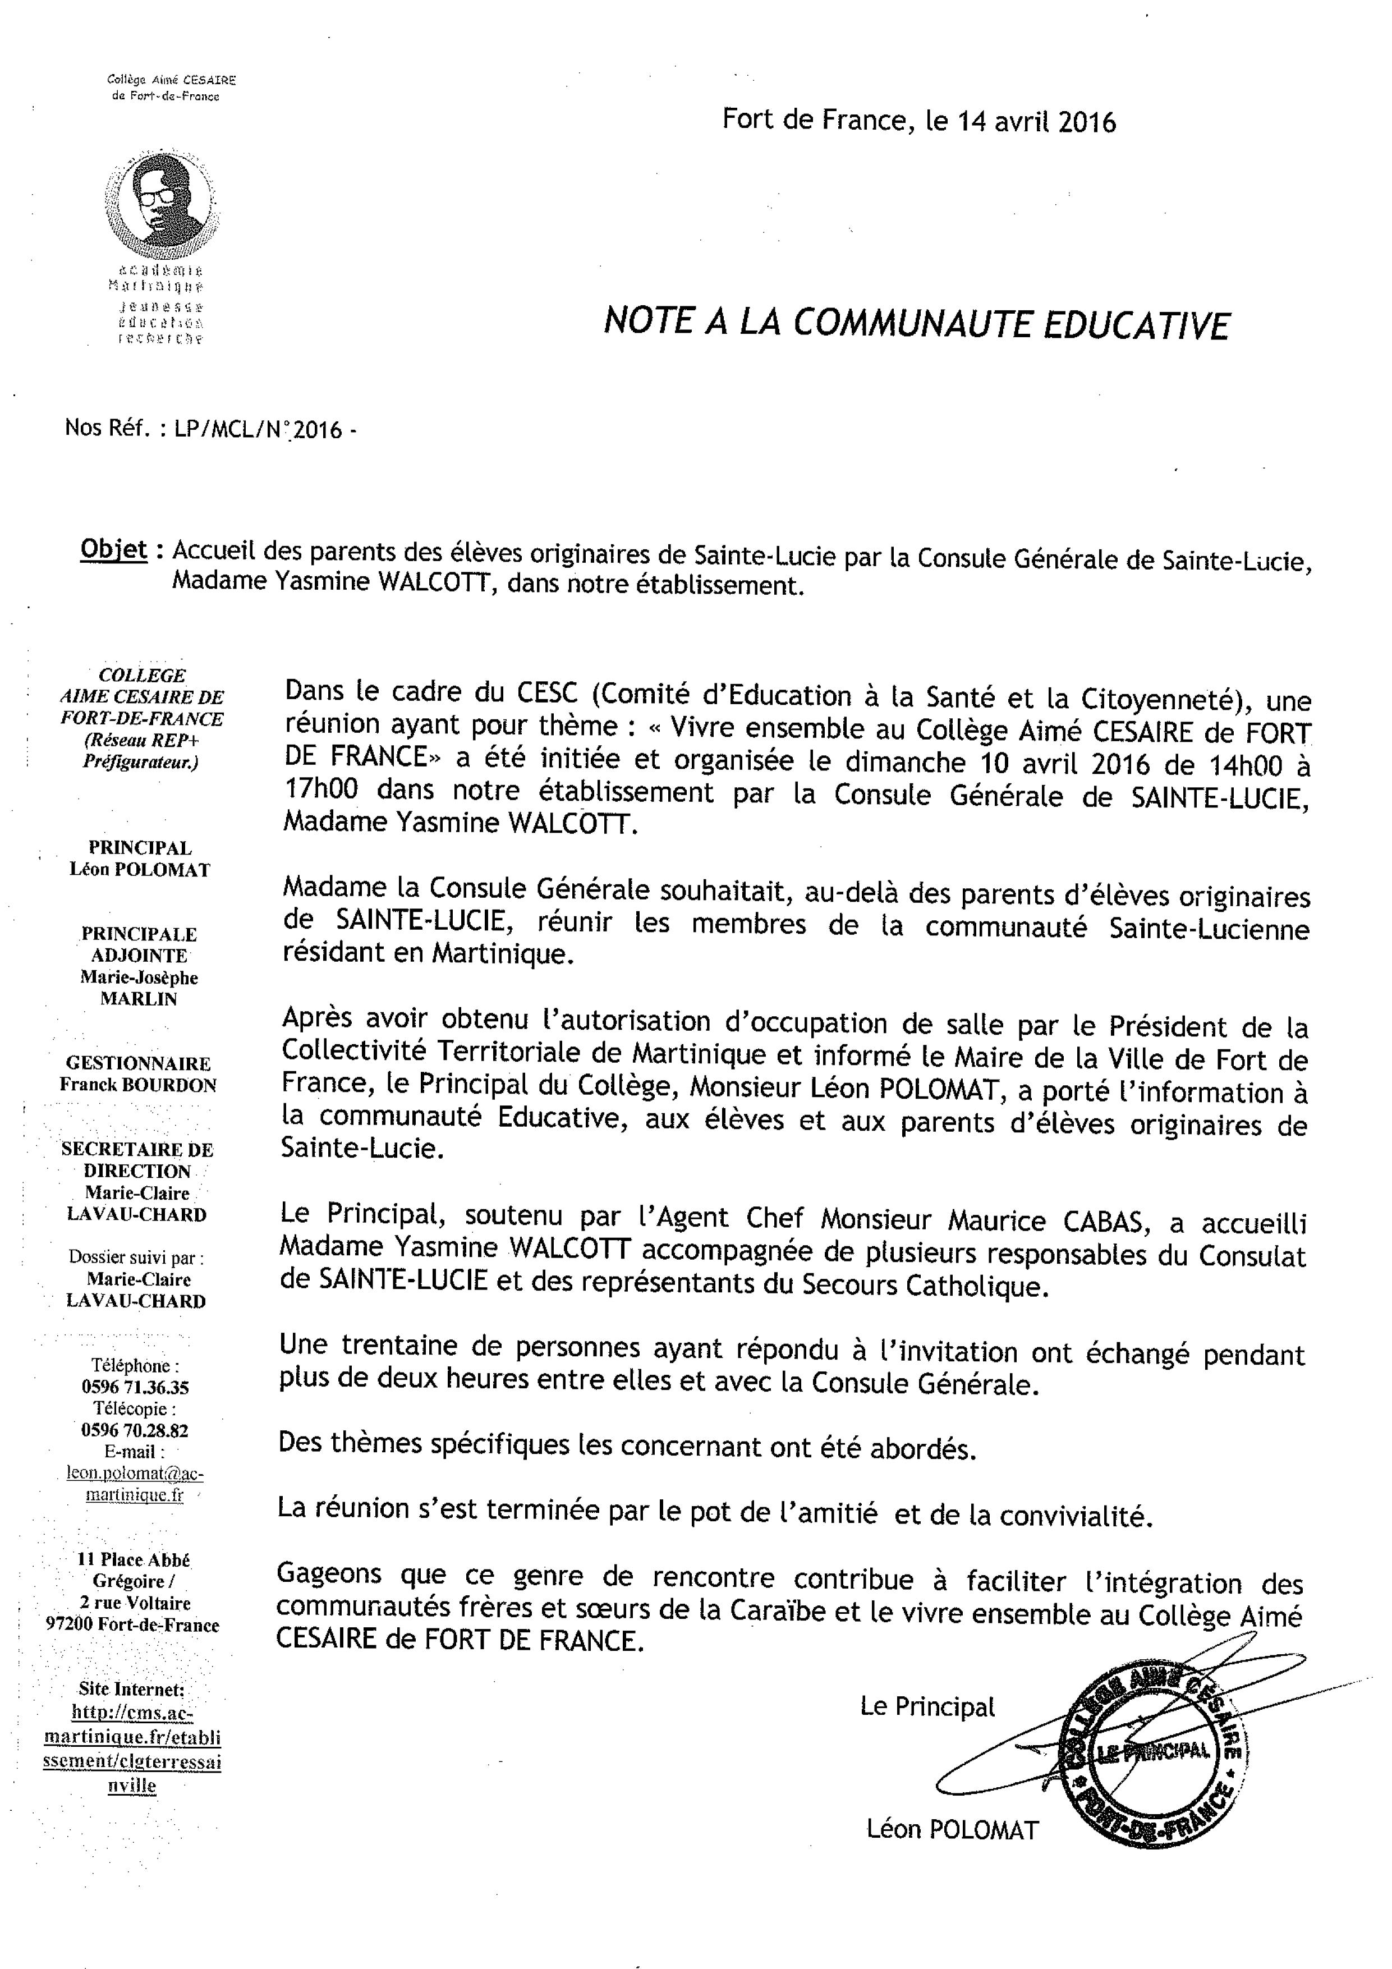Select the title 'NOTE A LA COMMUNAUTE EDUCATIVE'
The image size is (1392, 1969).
pyautogui.click(x=916, y=323)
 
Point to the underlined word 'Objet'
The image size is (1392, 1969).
pyautogui.click(x=113, y=549)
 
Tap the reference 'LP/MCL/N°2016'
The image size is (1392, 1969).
pyautogui.click(x=258, y=429)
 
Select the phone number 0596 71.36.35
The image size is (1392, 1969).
pyautogui.click(x=136, y=1387)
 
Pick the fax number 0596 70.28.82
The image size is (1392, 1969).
pyautogui.click(x=136, y=1430)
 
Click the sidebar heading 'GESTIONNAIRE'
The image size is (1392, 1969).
pyautogui.click(x=138, y=1063)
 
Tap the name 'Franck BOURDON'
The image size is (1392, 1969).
pyautogui.click(x=138, y=1085)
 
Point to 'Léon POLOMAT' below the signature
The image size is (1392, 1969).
pyautogui.click(x=952, y=1829)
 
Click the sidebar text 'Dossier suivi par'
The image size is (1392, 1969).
pyautogui.click(x=136, y=1258)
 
